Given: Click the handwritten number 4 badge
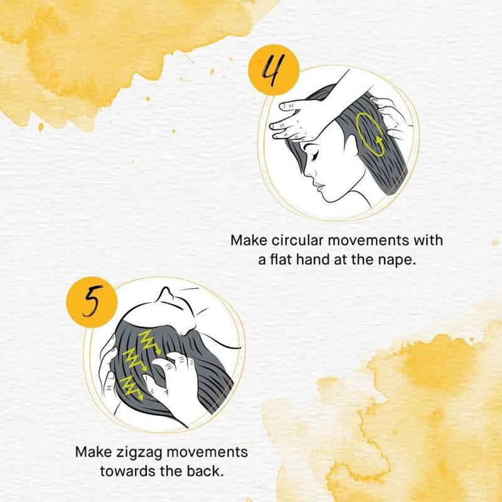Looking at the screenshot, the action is click(x=274, y=70).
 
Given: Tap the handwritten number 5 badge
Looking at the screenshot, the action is click(x=92, y=302).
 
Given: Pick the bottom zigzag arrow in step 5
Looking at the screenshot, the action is click(x=131, y=388).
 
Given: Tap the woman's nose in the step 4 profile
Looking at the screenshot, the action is click(x=309, y=171).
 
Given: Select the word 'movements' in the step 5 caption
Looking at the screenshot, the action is click(x=207, y=452).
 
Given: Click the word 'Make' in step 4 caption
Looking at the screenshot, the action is click(x=248, y=240).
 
